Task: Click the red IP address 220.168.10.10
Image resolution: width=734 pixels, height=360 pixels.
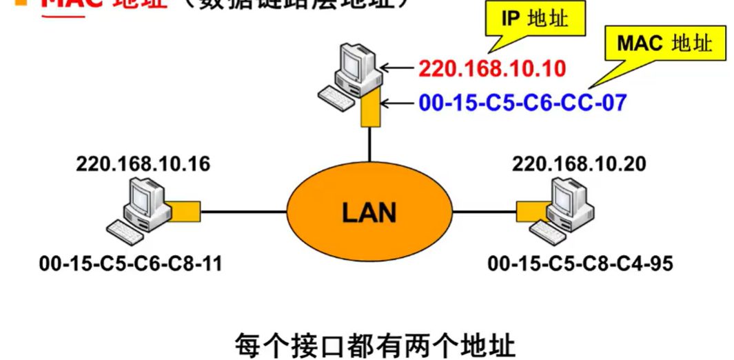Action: [x=492, y=68]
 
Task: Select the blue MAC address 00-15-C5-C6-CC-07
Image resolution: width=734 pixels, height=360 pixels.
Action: [x=522, y=103]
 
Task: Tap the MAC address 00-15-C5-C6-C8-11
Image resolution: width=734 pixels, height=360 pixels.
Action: [x=131, y=263]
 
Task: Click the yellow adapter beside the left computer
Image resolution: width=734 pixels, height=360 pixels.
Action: [x=185, y=210]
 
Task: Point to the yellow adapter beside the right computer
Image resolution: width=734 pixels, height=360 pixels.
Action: [x=529, y=210]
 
